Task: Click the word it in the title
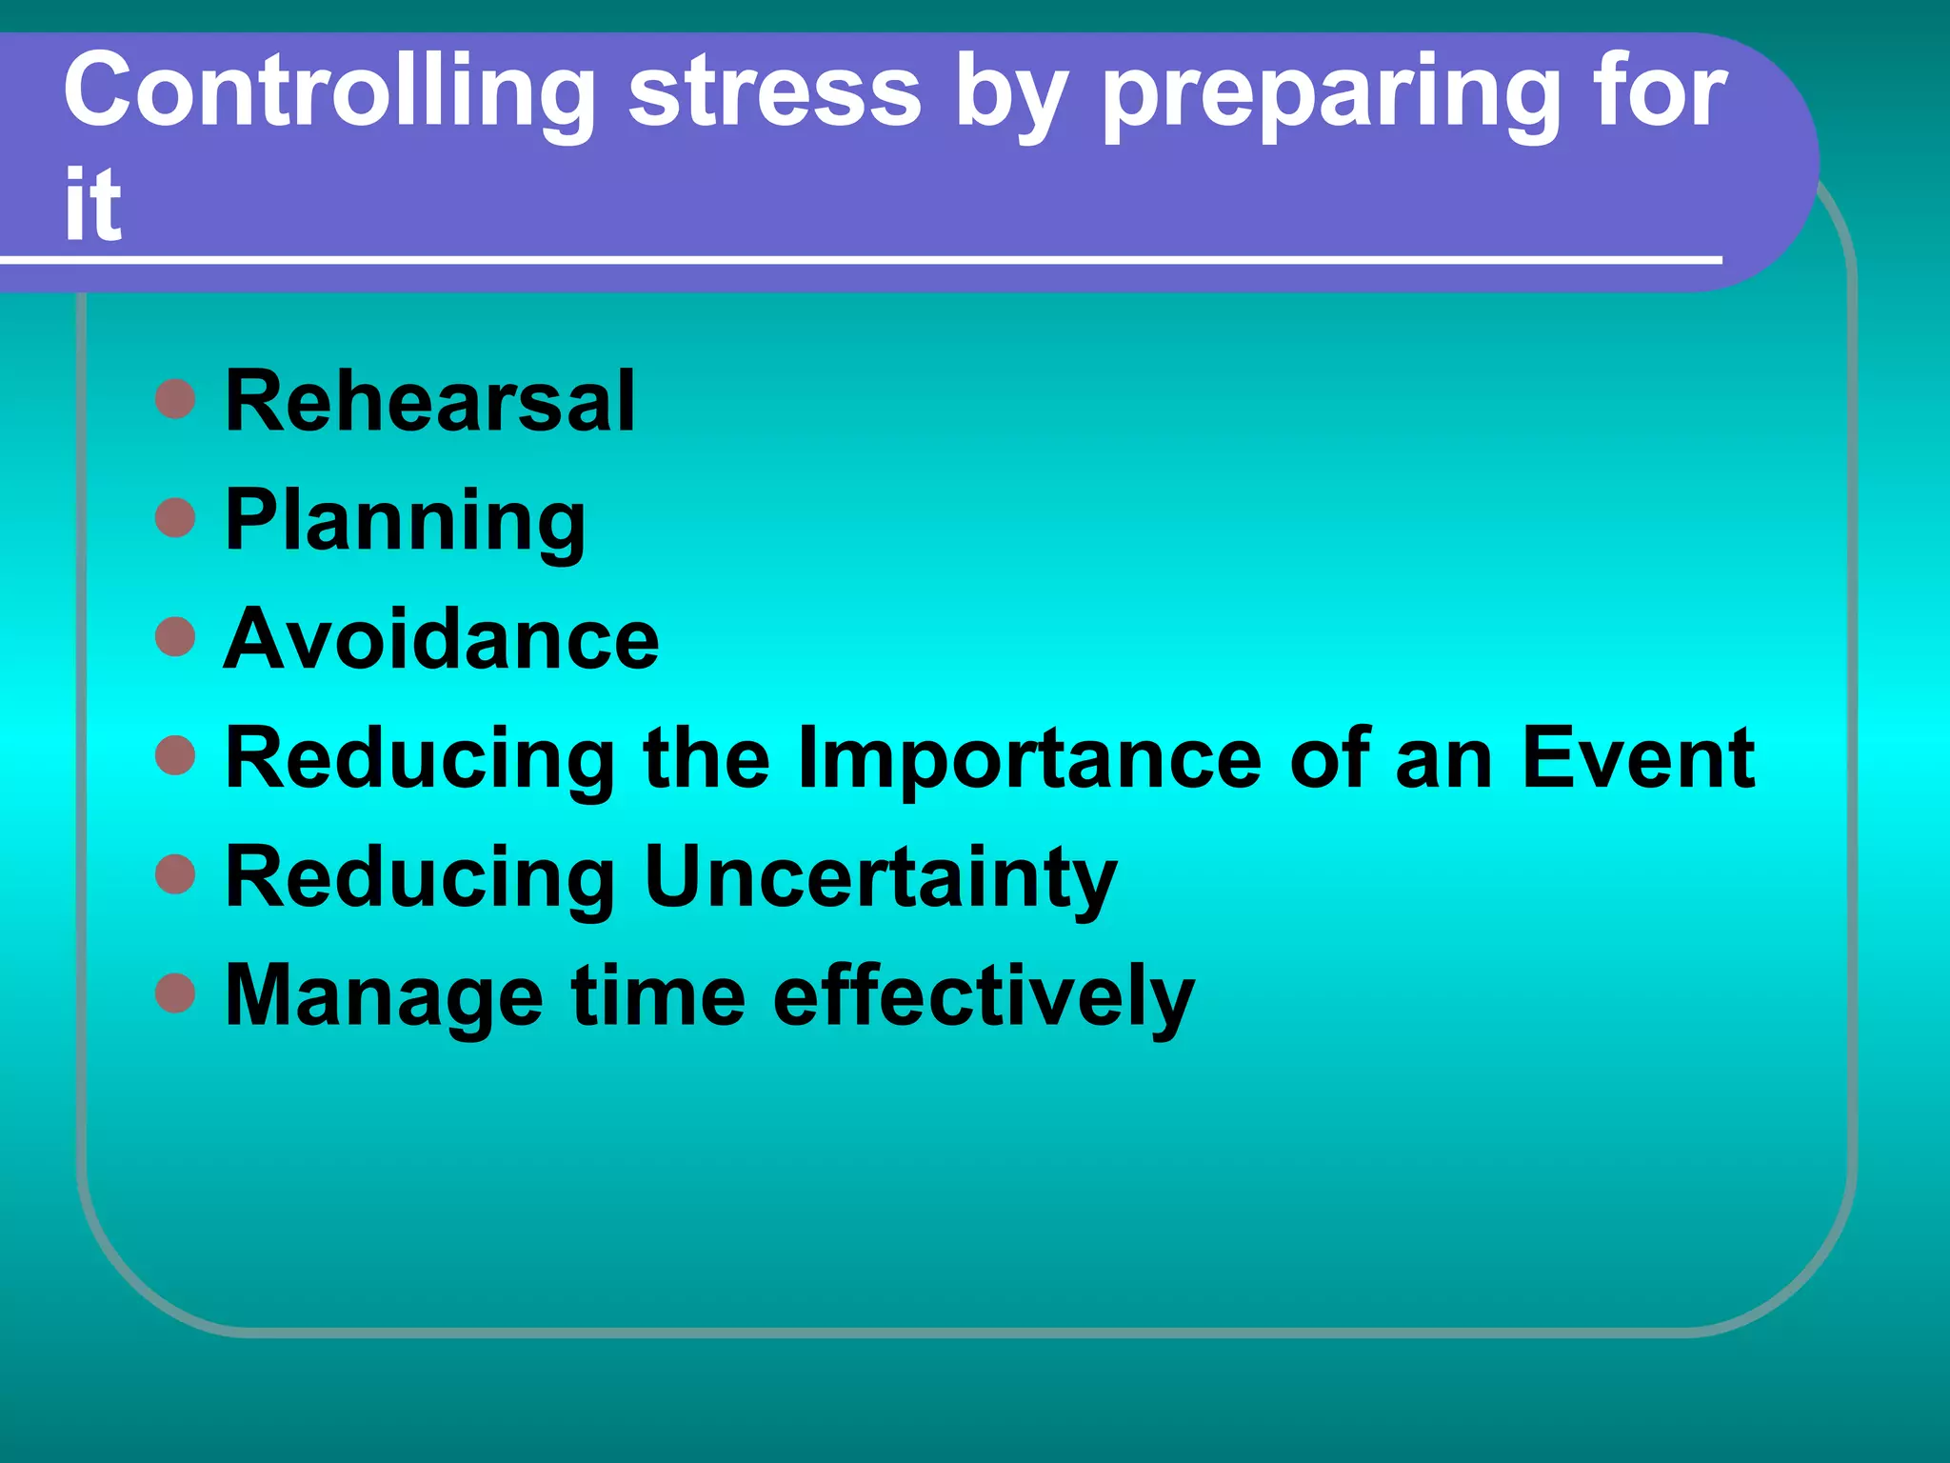pos(92,204)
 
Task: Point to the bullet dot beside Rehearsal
pos(175,399)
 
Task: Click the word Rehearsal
pos(429,401)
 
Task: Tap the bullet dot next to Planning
pos(175,518)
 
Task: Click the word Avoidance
pos(441,639)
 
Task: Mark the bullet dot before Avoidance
pos(175,637)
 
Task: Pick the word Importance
pos(1029,759)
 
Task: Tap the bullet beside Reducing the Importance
pos(175,756)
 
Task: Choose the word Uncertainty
pos(880,878)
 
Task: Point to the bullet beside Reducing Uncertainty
pos(175,875)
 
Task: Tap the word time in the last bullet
pos(658,995)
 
